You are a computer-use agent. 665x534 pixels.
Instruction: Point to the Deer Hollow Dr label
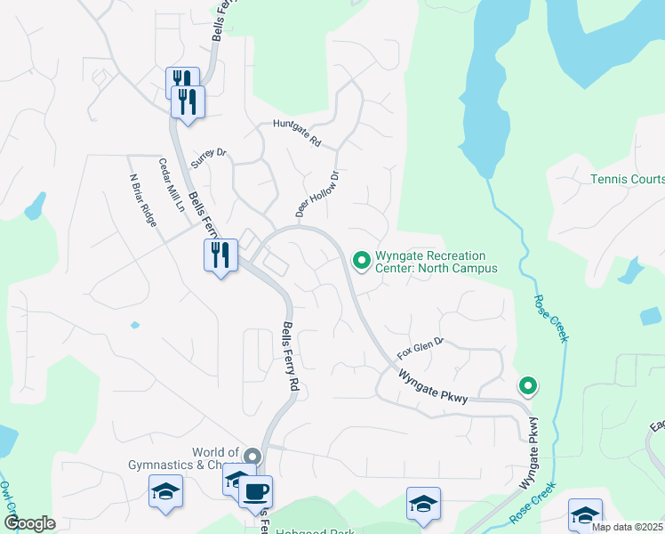tap(317, 195)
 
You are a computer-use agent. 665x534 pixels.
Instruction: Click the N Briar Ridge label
tap(143, 199)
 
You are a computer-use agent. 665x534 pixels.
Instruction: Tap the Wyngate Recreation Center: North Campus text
tap(435, 261)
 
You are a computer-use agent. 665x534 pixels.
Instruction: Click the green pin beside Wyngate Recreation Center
tap(361, 260)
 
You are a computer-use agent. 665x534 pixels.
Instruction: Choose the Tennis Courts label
tap(628, 179)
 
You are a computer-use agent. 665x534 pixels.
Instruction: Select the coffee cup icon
tap(256, 490)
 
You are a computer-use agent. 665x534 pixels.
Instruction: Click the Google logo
tap(29, 522)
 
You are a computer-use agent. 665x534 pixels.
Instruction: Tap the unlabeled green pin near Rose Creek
tap(528, 385)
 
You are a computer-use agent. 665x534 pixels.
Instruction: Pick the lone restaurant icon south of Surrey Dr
tap(220, 256)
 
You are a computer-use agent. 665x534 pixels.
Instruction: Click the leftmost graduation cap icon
tap(165, 491)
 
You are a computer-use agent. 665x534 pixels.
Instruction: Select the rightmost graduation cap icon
tap(585, 514)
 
